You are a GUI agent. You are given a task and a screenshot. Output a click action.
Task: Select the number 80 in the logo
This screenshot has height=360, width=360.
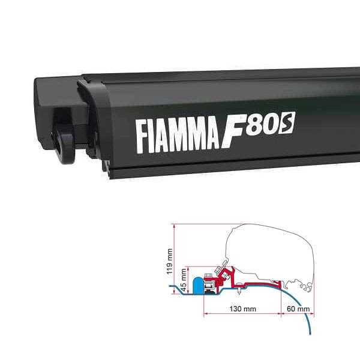[269, 126]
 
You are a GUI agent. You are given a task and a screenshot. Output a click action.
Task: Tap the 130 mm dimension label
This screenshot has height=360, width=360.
[242, 310]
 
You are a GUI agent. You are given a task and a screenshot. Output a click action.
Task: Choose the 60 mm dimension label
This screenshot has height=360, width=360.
[298, 310]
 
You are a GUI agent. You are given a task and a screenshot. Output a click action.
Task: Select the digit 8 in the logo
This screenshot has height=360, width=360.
[263, 127]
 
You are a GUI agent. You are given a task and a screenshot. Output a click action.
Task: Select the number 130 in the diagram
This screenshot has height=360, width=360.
[238, 310]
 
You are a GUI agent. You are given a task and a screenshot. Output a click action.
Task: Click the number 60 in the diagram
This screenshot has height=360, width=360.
[294, 310]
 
